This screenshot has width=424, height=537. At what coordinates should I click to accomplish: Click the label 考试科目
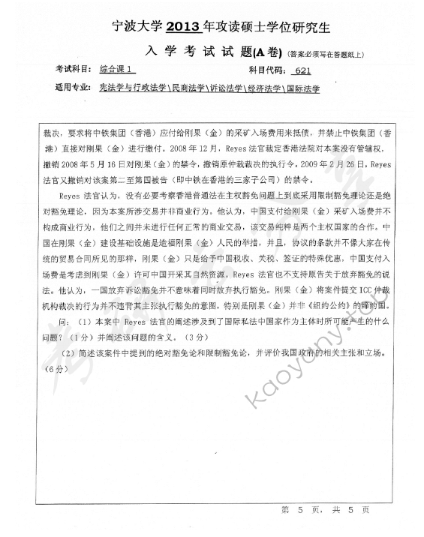click(71, 70)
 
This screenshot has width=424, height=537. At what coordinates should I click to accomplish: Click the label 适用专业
click(71, 88)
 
